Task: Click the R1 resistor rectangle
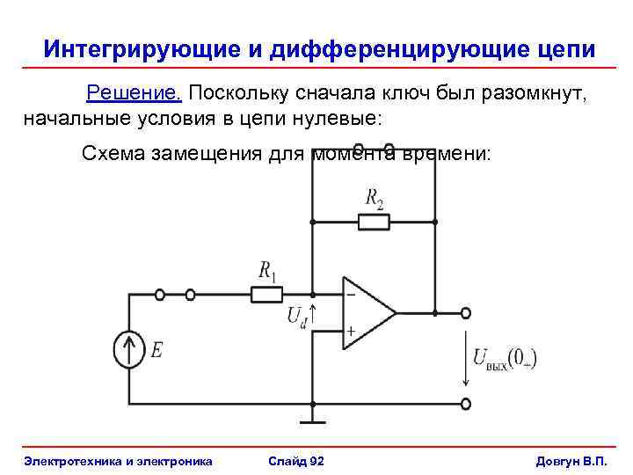click(x=268, y=294)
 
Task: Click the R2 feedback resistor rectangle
click(x=374, y=221)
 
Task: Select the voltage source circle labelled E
click(x=130, y=350)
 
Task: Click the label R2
click(x=375, y=198)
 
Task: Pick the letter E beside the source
click(x=156, y=350)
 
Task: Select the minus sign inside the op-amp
click(x=351, y=295)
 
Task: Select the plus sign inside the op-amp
click(x=351, y=332)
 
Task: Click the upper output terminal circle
click(x=466, y=312)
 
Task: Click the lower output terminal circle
click(x=466, y=404)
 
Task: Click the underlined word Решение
click(x=134, y=93)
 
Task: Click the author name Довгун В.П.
click(x=571, y=461)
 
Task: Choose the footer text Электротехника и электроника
click(x=119, y=461)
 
